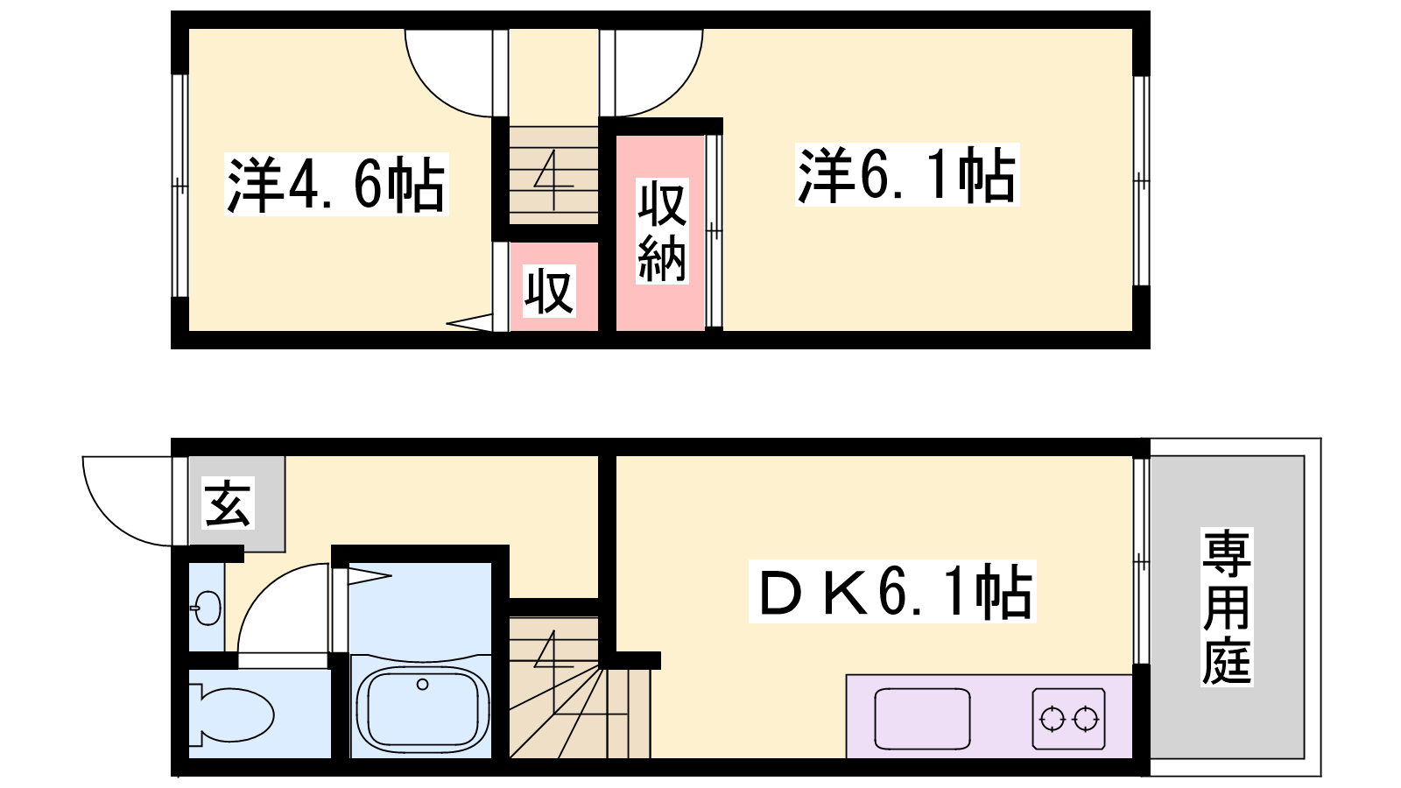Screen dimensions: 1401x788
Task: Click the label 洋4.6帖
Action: [336, 185]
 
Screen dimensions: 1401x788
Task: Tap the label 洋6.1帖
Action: [907, 174]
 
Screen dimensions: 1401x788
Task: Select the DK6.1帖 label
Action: [892, 592]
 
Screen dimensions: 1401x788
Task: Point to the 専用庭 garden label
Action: [1227, 607]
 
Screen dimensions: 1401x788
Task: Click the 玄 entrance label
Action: [229, 503]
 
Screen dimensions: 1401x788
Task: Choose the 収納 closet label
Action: [662, 231]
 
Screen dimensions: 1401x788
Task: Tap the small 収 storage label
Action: [549, 292]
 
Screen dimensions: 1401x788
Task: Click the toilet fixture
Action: [231, 714]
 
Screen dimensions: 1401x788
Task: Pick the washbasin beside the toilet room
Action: [208, 607]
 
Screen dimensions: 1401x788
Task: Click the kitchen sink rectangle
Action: [922, 719]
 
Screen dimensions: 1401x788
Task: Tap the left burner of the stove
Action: [1052, 719]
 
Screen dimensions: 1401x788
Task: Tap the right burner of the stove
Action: [1086, 719]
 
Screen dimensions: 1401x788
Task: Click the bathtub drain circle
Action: [422, 684]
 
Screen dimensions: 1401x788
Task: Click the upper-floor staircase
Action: [554, 175]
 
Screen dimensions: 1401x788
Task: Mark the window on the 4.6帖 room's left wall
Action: [180, 186]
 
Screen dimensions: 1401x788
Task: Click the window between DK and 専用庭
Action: [1141, 561]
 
